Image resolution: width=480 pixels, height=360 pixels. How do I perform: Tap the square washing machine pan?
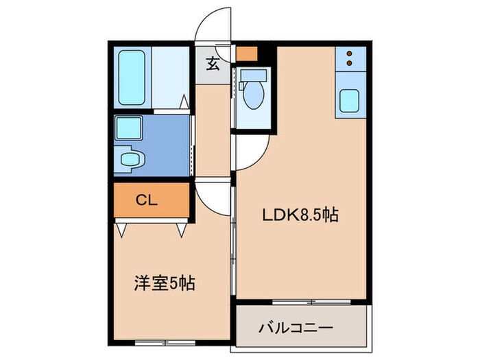(x=127, y=128)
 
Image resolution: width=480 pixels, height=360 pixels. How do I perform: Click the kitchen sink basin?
(x=350, y=101)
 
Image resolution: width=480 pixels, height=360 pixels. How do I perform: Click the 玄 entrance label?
(x=213, y=66)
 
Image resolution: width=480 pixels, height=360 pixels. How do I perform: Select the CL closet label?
(x=147, y=200)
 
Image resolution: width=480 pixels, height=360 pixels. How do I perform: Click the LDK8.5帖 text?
(x=300, y=215)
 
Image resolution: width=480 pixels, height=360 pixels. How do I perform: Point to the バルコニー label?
(x=296, y=328)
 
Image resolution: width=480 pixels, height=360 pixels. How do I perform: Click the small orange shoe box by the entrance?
(x=245, y=53)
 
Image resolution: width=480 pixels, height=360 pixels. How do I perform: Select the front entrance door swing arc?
(x=214, y=25)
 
